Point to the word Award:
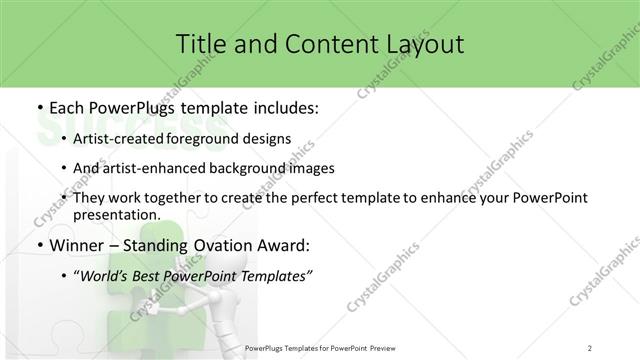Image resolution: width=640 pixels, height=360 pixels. coord(284,245)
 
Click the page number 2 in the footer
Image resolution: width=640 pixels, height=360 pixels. coord(590,347)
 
